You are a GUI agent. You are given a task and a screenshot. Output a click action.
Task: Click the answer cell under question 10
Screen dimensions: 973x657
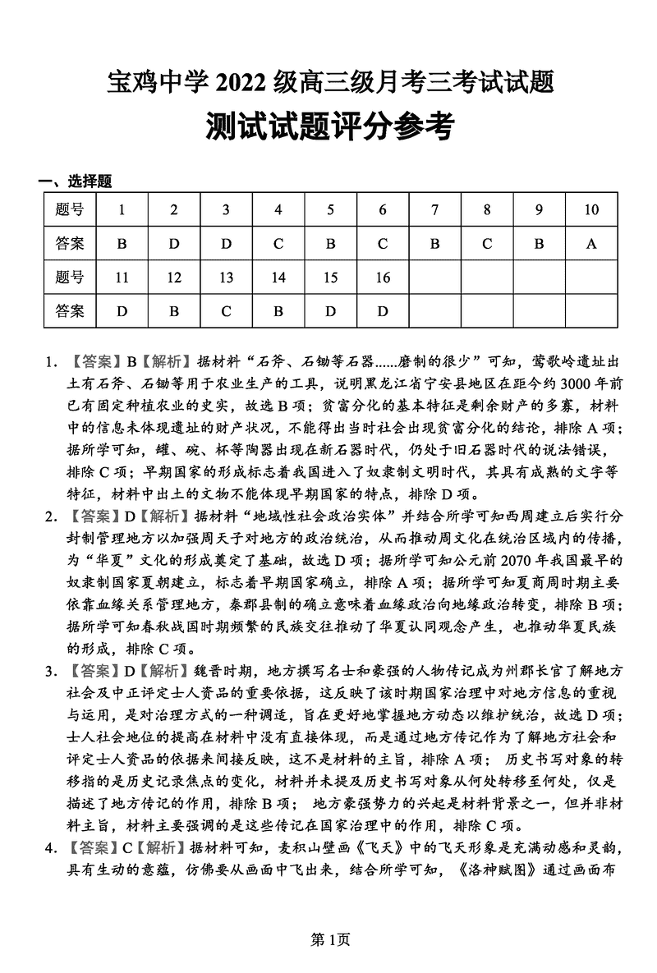point(591,243)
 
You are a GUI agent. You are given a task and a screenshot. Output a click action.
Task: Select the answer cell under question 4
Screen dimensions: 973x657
point(278,243)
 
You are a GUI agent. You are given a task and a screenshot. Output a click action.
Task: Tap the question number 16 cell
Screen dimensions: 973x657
point(383,278)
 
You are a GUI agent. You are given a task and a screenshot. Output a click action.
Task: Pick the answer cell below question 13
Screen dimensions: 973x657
point(226,311)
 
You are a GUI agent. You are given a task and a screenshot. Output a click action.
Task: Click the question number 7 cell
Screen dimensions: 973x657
point(434,209)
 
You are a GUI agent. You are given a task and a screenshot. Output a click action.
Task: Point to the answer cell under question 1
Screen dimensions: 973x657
point(122,243)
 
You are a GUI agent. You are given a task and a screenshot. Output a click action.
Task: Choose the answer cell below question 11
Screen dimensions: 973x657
point(122,311)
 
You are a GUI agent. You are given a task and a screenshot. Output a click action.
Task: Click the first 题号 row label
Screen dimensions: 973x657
point(70,209)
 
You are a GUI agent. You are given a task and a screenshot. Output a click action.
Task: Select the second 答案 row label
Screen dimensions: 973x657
point(70,311)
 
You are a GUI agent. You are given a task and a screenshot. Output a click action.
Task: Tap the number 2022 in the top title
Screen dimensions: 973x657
point(246,82)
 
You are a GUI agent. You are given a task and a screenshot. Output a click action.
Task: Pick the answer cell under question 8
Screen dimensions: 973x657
point(487,243)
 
